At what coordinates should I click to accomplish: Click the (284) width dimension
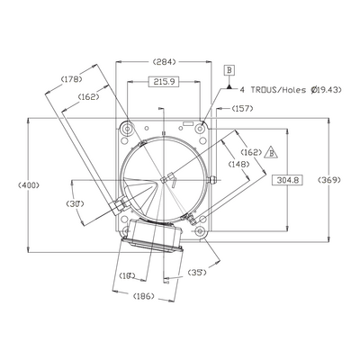coord(164,62)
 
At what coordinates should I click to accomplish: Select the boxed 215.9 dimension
coord(164,81)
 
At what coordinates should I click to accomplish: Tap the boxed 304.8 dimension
coord(287,180)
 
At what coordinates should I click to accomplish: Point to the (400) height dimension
coord(29,185)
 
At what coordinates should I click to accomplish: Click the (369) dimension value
coord(329,180)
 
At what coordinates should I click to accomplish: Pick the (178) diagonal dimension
coord(71,79)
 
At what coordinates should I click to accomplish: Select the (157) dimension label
coord(242,109)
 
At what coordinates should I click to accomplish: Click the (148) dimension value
coord(238,164)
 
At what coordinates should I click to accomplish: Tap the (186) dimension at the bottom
coord(143,296)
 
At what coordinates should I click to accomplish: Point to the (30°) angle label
coord(75,204)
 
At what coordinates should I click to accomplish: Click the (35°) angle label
coord(197,273)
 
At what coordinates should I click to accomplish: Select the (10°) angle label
coord(127,275)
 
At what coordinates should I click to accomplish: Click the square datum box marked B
coord(229,70)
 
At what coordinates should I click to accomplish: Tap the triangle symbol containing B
coord(271,153)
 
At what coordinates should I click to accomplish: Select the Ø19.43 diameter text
coord(327,90)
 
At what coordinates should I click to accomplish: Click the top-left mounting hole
coord(127,130)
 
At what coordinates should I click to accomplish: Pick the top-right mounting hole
coord(200,129)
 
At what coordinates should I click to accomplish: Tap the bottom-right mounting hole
coord(200,231)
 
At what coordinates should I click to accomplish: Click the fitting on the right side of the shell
coord(211,180)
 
